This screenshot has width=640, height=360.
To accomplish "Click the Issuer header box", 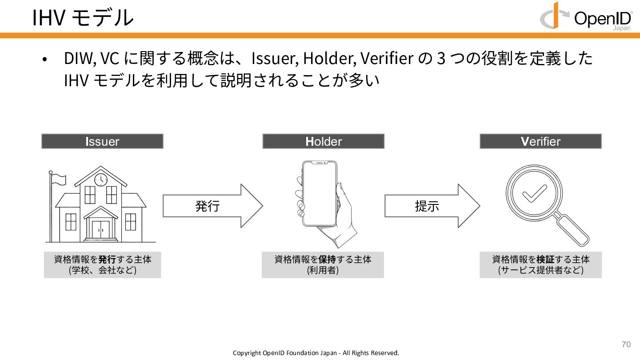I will [102, 141].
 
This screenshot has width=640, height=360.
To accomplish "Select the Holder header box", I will [323, 141].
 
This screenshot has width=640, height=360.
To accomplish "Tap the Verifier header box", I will [540, 141].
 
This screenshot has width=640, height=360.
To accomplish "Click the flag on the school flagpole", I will [59, 179].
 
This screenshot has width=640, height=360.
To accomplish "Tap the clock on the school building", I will [101, 180].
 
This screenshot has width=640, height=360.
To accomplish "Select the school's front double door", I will [101, 230].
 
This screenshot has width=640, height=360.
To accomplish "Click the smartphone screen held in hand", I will [320, 194].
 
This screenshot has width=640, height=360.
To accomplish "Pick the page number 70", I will [626, 344].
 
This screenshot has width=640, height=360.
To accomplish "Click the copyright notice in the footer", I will [316, 353].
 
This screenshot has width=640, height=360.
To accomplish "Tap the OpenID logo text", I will [602, 18].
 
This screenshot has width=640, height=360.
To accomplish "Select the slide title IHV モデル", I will [83, 18].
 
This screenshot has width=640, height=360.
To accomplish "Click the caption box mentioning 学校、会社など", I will [102, 265].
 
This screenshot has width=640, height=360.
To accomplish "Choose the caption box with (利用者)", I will [323, 265].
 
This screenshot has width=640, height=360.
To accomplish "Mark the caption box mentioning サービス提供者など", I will [540, 265].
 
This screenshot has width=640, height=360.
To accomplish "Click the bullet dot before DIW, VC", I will [44, 60].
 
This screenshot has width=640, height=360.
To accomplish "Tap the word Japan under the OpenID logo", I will [622, 28].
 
